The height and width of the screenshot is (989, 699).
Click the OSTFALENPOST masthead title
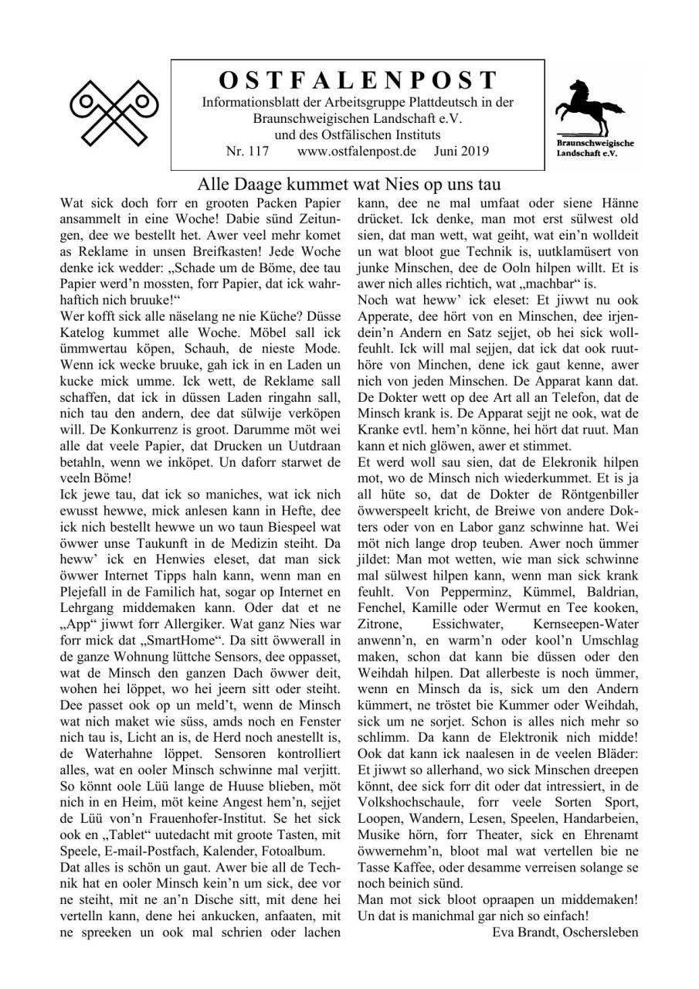(x=357, y=80)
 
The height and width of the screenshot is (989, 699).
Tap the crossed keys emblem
(x=114, y=112)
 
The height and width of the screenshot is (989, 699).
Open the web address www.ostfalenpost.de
(x=356, y=151)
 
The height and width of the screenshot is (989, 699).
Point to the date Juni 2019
(x=461, y=151)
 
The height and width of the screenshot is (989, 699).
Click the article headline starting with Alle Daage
(x=349, y=185)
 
